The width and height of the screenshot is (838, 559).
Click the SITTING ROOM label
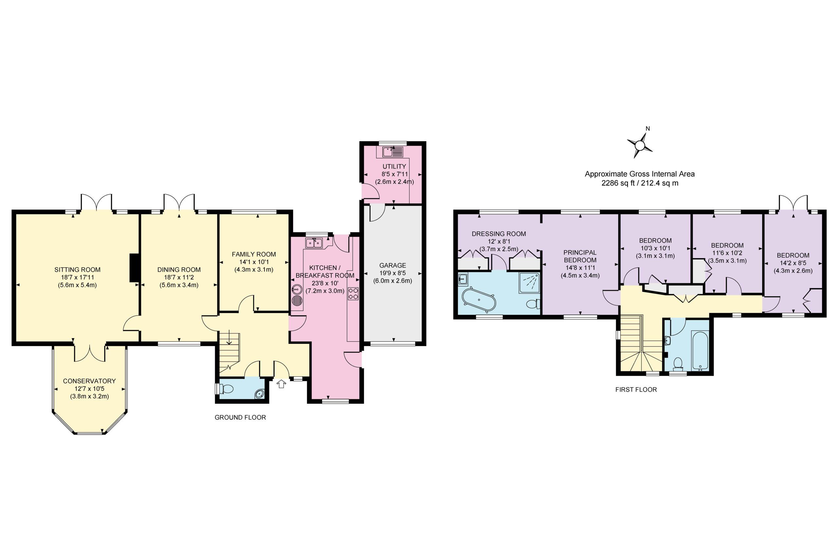[77, 270]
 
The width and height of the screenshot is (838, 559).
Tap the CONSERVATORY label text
[89, 381]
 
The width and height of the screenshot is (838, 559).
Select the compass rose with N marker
[640, 145]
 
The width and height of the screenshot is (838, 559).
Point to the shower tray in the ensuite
[529, 283]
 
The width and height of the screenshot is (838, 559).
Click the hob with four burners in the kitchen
[353, 294]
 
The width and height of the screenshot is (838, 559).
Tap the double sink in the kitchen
[314, 243]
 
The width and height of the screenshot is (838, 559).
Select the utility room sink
[392, 152]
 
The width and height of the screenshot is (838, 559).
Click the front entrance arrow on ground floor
[282, 384]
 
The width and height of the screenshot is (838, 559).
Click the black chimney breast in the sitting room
[134, 268]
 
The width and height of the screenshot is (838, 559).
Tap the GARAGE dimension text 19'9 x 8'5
[392, 273]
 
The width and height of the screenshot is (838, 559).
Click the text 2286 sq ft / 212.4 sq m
[640, 183]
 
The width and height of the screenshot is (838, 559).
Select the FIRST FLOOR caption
[636, 390]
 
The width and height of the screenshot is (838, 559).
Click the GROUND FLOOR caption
[240, 418]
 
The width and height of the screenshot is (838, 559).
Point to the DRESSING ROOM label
[499, 234]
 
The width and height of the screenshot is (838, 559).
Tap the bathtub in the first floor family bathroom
[700, 350]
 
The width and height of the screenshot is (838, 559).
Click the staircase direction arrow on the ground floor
[229, 338]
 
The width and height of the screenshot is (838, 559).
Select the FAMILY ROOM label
[254, 254]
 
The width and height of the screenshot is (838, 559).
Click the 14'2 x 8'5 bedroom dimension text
[793, 263]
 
